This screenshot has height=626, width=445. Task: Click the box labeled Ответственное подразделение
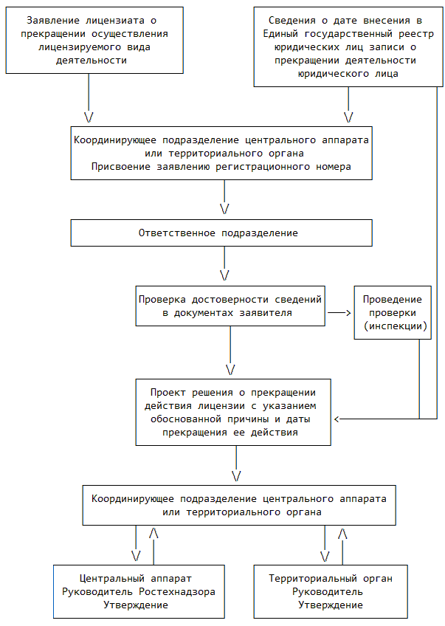[221, 233]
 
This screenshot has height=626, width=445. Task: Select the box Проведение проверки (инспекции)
[392, 312]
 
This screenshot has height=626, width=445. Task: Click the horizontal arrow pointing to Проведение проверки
[339, 312]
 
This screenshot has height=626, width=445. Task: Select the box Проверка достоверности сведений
[230, 306]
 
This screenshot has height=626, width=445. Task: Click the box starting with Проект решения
[232, 412]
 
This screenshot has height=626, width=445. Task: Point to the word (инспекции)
[392, 326]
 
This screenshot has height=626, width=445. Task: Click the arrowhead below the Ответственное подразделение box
[224, 275]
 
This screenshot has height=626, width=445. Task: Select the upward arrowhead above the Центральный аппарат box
[153, 532]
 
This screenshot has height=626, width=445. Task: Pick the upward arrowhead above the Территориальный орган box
[342, 532]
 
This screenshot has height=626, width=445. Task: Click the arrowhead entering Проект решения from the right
[337, 419]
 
